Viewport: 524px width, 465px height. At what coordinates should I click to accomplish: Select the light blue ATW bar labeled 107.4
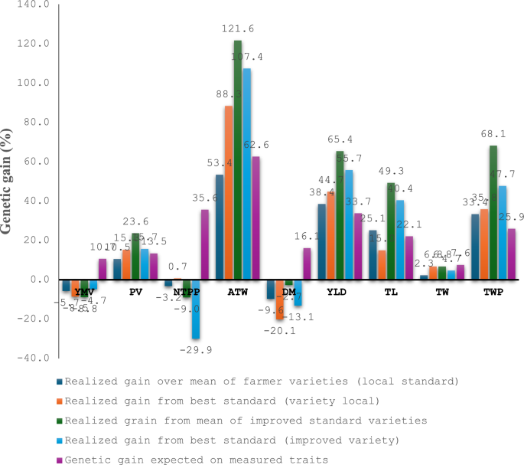[246, 173]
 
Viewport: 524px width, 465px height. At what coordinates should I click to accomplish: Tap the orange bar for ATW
[229, 192]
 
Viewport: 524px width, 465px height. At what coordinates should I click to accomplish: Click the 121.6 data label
[239, 28]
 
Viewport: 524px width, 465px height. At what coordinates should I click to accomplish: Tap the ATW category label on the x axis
[238, 292]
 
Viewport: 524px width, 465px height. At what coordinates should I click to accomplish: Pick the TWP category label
[493, 292]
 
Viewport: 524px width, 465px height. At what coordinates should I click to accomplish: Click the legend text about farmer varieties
[261, 380]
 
